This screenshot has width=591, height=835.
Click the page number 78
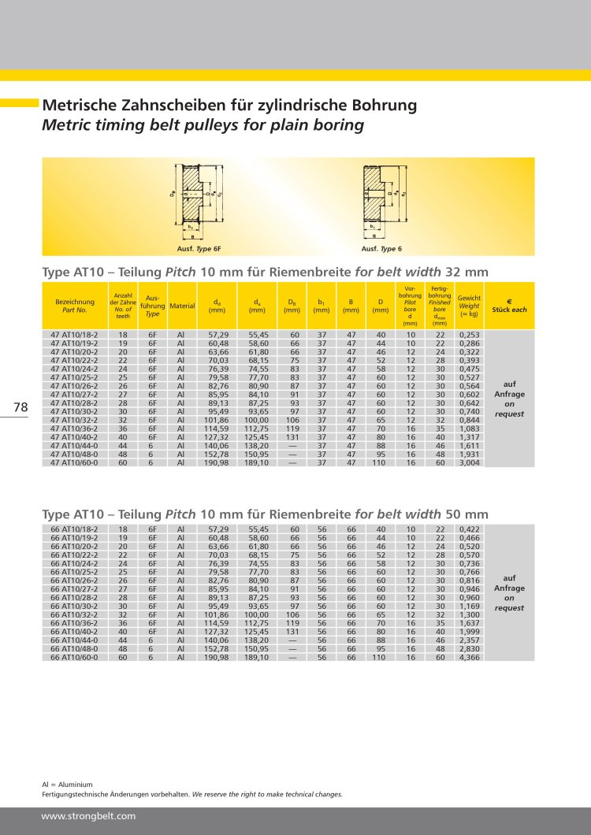tap(20, 407)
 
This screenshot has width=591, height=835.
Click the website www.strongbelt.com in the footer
tap(88, 816)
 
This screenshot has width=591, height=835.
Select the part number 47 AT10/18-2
tap(74, 336)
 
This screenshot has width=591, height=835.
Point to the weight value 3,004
tap(470, 463)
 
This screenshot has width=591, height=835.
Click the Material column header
tap(181, 306)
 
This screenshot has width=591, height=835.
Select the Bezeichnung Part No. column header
tap(74, 306)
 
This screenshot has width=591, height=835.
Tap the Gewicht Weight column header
tap(470, 306)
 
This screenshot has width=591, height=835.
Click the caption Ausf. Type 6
tap(381, 249)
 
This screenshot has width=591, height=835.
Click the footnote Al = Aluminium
tap(67, 785)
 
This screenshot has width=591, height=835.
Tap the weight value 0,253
tap(470, 336)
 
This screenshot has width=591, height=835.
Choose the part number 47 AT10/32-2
tap(74, 421)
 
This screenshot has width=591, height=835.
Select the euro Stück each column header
tap(509, 306)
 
